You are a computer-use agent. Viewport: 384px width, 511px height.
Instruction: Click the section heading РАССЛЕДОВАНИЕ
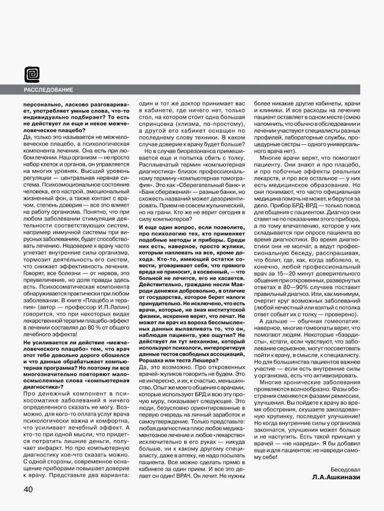coord(48,90)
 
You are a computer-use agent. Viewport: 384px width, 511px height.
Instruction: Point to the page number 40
coord(29,490)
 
